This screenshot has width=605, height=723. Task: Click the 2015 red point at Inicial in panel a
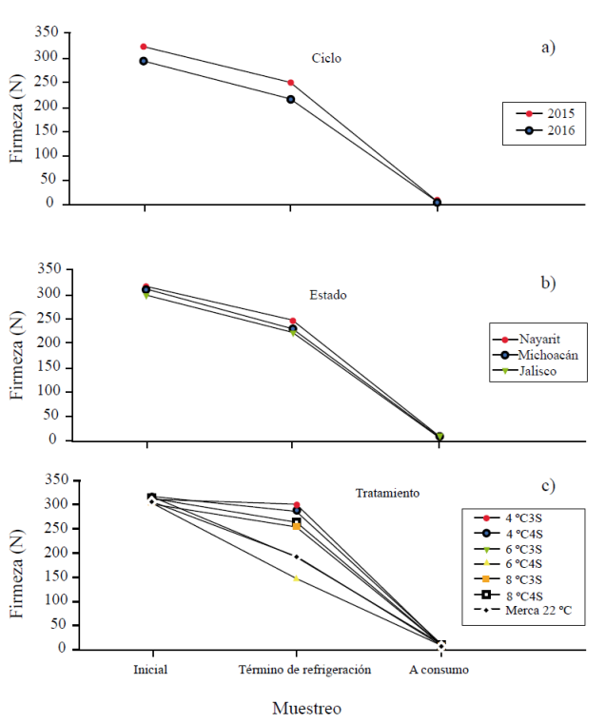coord(144,47)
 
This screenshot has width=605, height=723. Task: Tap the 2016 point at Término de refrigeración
coord(290,99)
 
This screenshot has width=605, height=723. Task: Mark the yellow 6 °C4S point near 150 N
coord(296,578)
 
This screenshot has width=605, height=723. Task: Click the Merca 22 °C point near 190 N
coord(296,557)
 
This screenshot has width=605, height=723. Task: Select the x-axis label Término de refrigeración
coord(296,669)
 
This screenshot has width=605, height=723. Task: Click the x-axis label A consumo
coord(439,669)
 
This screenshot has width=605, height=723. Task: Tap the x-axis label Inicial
coord(150,669)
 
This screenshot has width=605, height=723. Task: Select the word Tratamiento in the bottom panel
coord(387,493)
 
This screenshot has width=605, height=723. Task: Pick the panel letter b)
coord(548,283)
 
